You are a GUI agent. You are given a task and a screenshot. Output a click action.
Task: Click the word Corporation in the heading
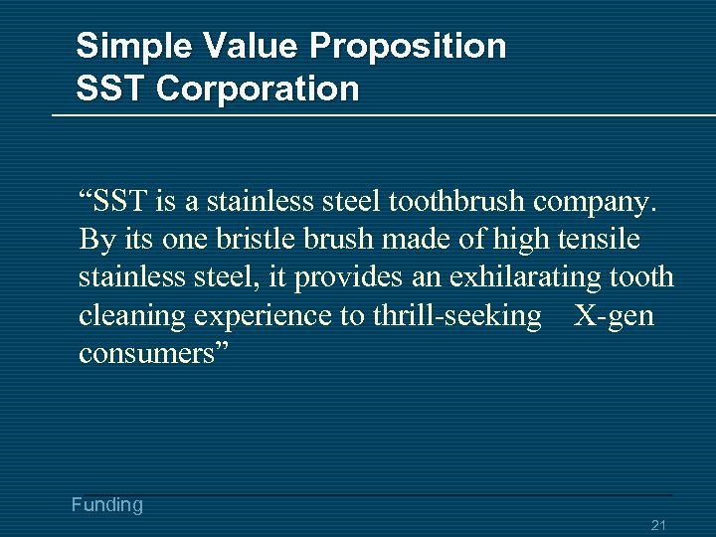(258, 89)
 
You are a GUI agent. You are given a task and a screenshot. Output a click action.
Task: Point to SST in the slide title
(111, 89)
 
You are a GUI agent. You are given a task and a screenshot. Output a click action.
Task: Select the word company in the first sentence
(595, 204)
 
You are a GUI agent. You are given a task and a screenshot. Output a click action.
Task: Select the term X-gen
(615, 316)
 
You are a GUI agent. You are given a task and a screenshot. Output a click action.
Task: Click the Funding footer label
(107, 505)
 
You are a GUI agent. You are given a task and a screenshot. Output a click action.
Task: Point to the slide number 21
(658, 525)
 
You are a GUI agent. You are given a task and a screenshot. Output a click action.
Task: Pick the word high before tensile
(509, 241)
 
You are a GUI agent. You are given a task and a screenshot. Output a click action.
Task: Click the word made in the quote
(412, 241)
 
